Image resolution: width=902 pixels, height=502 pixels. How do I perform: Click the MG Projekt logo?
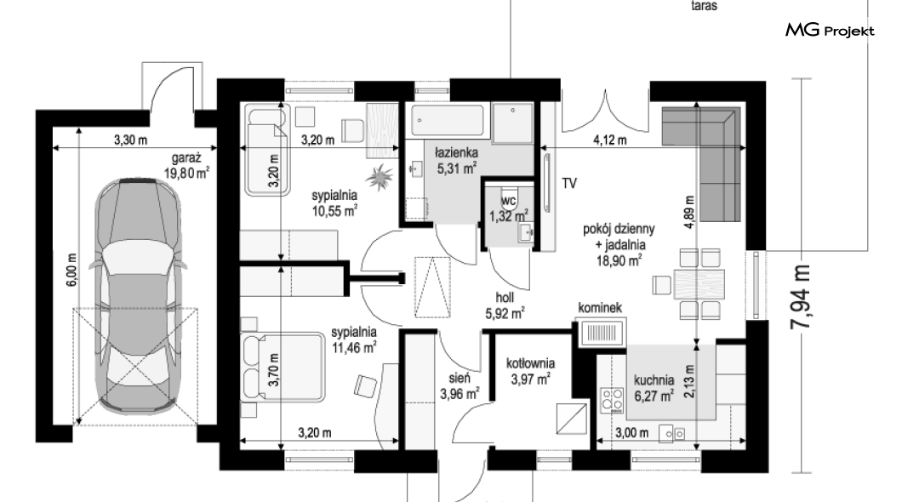830,31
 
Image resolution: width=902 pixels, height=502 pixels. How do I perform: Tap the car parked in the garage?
138,295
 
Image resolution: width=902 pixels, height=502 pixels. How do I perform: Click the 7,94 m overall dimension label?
801,297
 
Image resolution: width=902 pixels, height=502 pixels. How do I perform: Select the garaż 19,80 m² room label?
186,166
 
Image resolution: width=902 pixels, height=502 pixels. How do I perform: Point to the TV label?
569,184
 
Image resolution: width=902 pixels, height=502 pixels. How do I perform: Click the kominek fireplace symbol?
602,333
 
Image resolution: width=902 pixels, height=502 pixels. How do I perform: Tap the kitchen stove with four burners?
612,400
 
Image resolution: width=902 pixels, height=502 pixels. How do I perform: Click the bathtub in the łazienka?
447,121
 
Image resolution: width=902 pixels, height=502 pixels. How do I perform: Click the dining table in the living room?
697,284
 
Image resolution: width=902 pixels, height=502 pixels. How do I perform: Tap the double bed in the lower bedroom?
284,366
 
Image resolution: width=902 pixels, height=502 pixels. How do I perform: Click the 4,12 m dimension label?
610,140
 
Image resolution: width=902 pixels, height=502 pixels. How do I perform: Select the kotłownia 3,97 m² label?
530,371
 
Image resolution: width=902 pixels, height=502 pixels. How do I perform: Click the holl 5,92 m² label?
505,305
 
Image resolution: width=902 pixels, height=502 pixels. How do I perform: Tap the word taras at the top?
704,6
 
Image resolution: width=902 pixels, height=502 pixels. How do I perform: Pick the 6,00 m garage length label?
72,270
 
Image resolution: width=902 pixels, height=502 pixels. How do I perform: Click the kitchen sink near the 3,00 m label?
672,433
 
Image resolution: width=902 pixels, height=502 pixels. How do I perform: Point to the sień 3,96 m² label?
460,385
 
